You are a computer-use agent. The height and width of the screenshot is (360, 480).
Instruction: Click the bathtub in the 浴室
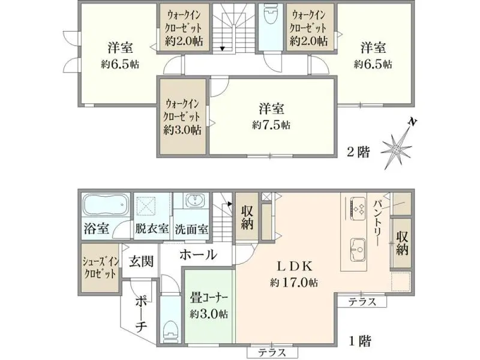pos(106,205)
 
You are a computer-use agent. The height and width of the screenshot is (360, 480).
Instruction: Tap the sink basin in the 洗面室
pos(193,201)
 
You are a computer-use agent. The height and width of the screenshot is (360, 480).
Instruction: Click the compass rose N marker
pos(413,122)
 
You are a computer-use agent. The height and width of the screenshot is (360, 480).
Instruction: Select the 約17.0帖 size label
pos(293,282)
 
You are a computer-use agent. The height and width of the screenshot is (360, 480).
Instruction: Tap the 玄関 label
pos(141,262)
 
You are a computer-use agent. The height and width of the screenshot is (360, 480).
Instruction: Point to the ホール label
pos(198,254)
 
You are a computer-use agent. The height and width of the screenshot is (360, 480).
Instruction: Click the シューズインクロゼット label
pos(100,268)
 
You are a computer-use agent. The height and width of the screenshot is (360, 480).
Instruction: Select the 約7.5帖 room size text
pos(271,125)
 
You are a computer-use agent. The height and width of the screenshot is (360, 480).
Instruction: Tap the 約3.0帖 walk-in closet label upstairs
pos(182,130)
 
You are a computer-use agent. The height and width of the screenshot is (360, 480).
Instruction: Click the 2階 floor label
pos(358,152)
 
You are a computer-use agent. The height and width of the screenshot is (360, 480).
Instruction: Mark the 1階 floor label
pos(360,341)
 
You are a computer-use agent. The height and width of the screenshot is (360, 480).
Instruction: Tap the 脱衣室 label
pos(152,229)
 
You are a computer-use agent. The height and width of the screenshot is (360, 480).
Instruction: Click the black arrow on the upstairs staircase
pos(223,48)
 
